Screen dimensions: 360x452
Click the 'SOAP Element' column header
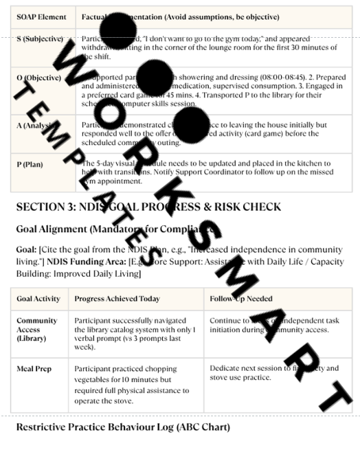point(41,16)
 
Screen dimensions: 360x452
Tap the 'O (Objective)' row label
point(38,78)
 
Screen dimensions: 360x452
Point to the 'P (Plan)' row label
point(33,164)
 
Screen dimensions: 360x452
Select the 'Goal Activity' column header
point(38,299)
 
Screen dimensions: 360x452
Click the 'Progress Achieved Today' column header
point(117,299)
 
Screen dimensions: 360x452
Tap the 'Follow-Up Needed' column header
point(241,299)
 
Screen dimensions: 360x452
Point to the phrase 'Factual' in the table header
point(94,16)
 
